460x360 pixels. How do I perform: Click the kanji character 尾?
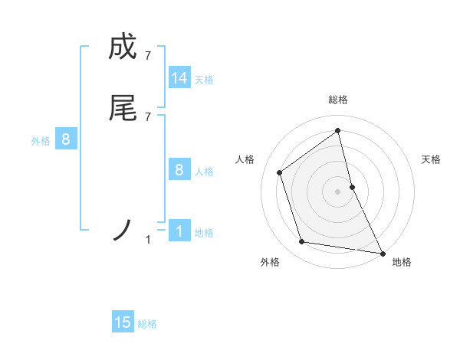click(x=123, y=109)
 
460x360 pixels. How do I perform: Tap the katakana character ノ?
click(x=123, y=230)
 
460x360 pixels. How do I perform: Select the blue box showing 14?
click(x=179, y=78)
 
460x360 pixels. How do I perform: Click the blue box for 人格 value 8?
click(x=179, y=170)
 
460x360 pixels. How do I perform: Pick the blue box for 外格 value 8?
click(x=66, y=139)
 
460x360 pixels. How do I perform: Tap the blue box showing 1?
click(x=179, y=231)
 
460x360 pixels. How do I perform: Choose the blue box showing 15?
click(x=123, y=322)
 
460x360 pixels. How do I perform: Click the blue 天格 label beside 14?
click(x=204, y=80)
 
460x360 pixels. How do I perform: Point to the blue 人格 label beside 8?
click(x=204, y=172)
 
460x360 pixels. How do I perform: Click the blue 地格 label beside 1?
click(x=204, y=233)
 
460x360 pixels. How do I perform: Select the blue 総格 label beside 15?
click(x=147, y=324)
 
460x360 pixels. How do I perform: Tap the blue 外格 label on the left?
click(x=41, y=141)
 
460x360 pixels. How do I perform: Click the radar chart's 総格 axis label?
click(x=338, y=100)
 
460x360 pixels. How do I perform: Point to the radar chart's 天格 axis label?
click(x=432, y=159)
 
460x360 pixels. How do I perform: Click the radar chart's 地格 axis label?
click(x=402, y=262)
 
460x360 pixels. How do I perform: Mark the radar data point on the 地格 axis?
click(x=382, y=253)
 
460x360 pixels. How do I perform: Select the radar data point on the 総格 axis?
click(x=338, y=130)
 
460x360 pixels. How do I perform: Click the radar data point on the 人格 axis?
click(x=280, y=172)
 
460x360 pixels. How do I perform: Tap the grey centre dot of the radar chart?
click(x=338, y=191)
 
